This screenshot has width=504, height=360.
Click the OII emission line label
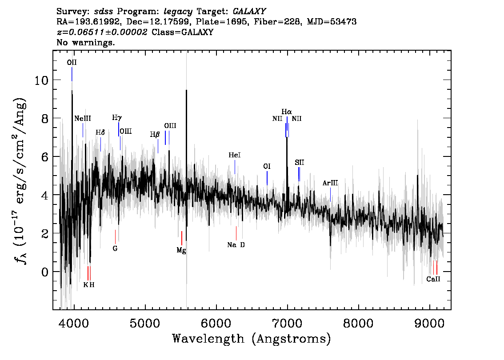pos(72,62)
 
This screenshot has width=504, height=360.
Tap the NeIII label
pos(83,118)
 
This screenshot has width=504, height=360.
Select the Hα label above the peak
pos(286,112)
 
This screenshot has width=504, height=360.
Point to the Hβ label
pos(155,134)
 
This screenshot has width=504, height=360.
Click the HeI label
pos(235,155)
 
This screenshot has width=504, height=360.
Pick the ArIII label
pos(330,183)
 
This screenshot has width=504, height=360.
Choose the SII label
pos(299,163)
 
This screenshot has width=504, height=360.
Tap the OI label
pos(267,166)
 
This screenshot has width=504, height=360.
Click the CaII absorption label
pos(433,279)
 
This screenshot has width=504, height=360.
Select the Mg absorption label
pos(181,250)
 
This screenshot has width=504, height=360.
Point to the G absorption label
pos(115,248)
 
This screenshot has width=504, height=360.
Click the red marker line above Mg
pos(182,238)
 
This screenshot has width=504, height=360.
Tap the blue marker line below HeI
pos(235,167)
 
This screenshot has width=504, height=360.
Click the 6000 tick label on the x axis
pos(216,324)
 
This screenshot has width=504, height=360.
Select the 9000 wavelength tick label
pos(429,324)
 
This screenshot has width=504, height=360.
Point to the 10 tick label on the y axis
pos(41,80)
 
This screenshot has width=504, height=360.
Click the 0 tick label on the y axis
pos(45,272)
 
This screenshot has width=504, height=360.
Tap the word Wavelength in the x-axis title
pos(208,339)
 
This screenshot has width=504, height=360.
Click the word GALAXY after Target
pos(249,11)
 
